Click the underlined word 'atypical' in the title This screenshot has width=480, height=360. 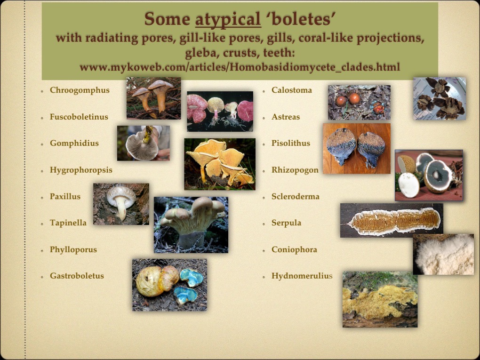pos(228,19)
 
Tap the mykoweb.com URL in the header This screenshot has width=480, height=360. pos(240,67)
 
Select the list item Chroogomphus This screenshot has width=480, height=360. pos(80,90)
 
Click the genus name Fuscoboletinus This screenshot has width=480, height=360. pos(79,117)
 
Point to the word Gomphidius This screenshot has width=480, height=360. pos(74,143)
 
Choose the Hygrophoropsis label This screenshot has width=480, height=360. pos(81,170)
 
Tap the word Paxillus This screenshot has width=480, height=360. pos(65,196)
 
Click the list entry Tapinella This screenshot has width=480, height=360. pos(68,223)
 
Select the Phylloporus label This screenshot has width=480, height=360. pos(73,249)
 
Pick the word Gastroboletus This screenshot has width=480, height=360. pos(77,276)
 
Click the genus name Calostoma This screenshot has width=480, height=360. pos(292,90)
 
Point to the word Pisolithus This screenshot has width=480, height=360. pos(291,143)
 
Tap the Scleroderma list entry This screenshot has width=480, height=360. pos(296,196)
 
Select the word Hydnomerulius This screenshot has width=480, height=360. pos(302,276)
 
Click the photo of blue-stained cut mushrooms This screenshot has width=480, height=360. pos(169,285)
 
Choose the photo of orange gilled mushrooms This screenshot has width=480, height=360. pos(219,164)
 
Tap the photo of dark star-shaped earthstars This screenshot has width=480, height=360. pos(440,98)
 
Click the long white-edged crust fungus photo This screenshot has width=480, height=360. pos(392,220)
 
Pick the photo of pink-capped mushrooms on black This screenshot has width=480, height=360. pos(220,111)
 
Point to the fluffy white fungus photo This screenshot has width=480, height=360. pos(443,254)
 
